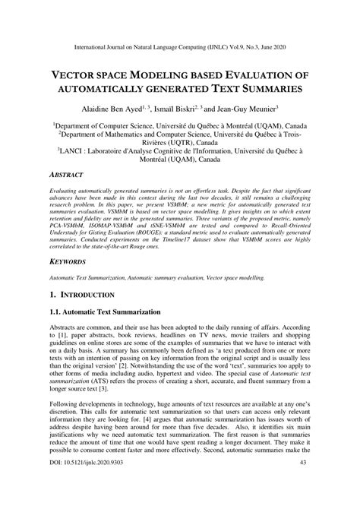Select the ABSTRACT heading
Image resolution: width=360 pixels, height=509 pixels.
pos(68,174)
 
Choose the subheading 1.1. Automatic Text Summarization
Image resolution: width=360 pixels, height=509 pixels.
pos(109,311)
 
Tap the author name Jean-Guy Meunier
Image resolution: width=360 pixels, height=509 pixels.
pos(245,108)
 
